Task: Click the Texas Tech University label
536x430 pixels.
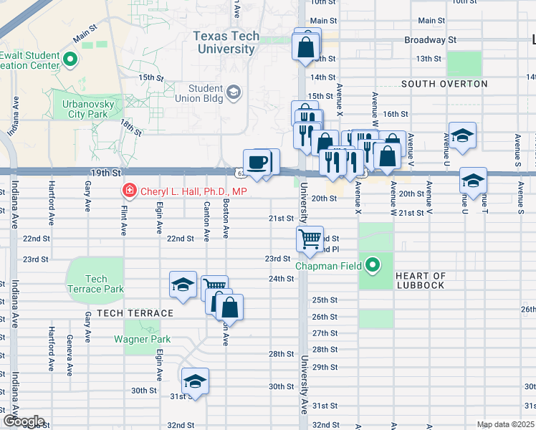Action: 224,42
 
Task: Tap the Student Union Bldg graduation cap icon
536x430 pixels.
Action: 234,92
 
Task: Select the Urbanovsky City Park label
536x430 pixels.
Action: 85,108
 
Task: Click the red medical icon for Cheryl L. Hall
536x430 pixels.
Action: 129,191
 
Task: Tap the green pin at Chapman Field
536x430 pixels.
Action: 372,266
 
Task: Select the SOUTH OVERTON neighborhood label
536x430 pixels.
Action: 444,84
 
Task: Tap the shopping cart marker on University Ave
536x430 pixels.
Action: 310,238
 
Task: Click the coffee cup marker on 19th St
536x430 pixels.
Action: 257,161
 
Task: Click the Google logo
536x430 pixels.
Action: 23,421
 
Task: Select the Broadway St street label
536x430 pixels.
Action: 430,40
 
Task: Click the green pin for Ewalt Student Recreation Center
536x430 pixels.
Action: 70,60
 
